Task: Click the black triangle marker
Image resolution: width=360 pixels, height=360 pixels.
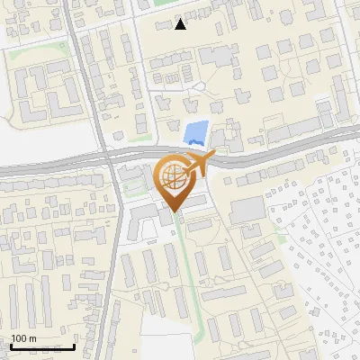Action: click(x=181, y=24)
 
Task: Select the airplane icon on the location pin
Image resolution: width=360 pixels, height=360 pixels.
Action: click(x=199, y=163)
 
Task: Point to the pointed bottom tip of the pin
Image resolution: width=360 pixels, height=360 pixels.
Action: click(x=174, y=213)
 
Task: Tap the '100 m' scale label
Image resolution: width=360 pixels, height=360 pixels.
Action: click(x=23, y=338)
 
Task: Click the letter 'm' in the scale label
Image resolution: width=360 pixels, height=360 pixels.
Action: click(x=31, y=338)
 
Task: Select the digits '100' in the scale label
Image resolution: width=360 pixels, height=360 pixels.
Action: click(x=19, y=338)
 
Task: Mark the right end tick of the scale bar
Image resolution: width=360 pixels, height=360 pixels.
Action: click(x=74, y=346)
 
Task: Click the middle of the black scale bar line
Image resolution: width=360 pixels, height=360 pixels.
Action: click(x=41, y=347)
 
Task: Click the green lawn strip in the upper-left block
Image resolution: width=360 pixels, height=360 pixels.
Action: click(x=36, y=49)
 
